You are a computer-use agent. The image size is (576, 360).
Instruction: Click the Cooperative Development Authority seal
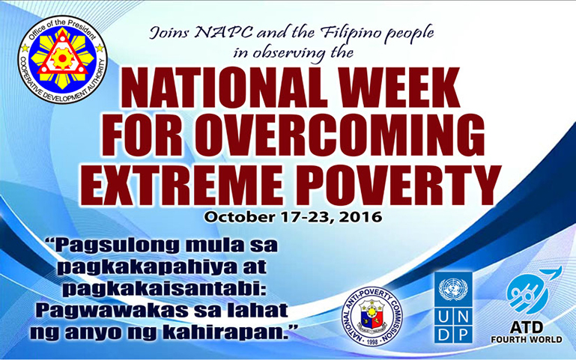[x=62, y=59]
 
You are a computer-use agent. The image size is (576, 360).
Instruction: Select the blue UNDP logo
[x=453, y=308]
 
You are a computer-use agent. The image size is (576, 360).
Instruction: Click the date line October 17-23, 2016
[x=293, y=216]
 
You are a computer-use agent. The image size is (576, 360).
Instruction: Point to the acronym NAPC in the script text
[x=224, y=33]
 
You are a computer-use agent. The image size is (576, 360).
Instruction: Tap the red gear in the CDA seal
[x=62, y=58]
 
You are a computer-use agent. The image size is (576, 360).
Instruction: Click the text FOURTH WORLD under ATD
[x=527, y=340]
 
